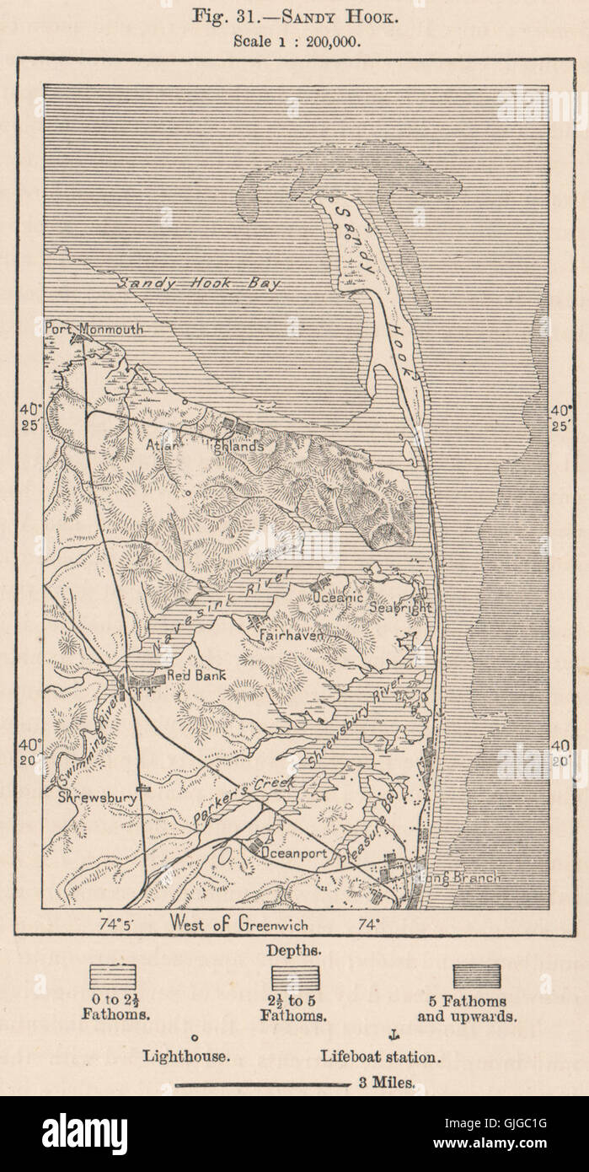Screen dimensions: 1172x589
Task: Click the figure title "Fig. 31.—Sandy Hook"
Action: pos(293,18)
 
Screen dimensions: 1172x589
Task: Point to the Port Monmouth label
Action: pos(94,330)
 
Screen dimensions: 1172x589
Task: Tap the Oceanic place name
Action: pos(337,597)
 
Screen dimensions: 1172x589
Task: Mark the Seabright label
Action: pos(403,606)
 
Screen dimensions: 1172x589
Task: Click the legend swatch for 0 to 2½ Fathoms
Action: pos(115,976)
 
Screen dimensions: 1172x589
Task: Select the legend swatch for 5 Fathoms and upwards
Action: pos(476,976)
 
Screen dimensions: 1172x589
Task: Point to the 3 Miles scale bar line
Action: pos(261,1086)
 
